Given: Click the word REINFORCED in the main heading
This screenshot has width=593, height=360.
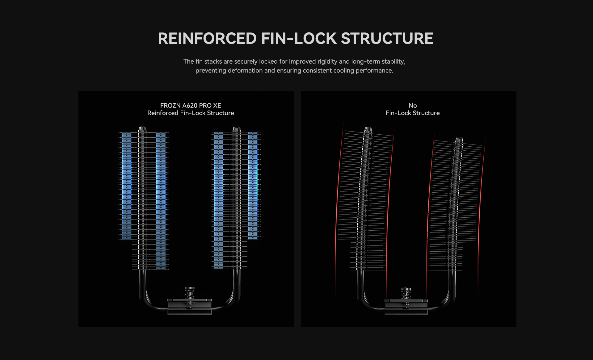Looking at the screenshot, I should (x=207, y=39).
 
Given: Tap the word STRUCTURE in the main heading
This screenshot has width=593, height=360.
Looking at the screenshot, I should (x=387, y=39).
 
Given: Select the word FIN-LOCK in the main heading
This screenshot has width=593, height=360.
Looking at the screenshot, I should (x=299, y=39).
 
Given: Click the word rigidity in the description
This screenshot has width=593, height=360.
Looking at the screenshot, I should (x=327, y=61).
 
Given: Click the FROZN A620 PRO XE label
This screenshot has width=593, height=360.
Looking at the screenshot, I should (x=191, y=106).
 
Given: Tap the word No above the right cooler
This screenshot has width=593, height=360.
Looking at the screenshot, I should (x=412, y=106).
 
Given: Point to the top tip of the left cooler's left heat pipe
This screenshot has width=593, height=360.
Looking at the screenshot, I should (x=142, y=129).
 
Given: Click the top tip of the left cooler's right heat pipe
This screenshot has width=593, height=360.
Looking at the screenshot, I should (x=237, y=129).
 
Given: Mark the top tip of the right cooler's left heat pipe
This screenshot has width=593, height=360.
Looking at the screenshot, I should (x=368, y=129).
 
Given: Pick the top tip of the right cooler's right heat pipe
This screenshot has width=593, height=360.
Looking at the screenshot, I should (x=459, y=140).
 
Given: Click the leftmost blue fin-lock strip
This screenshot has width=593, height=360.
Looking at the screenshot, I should (x=127, y=185).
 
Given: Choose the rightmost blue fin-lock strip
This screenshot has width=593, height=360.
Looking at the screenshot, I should (x=253, y=185).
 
